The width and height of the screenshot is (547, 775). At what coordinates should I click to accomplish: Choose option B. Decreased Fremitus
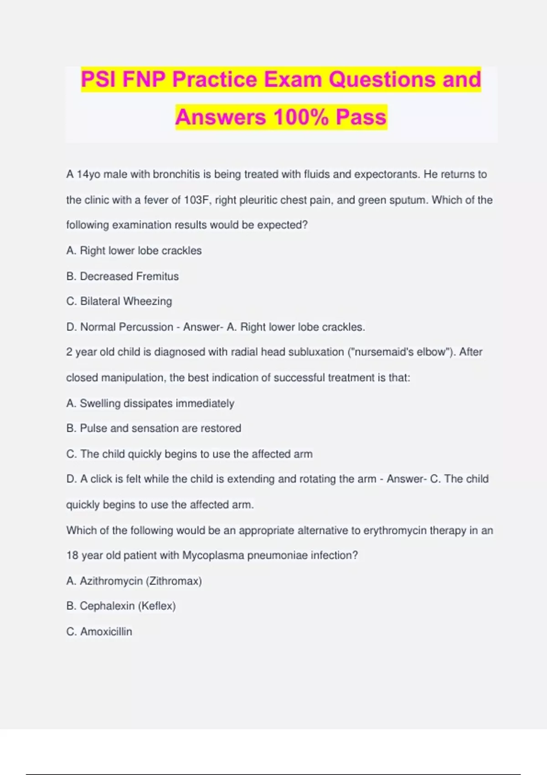coord(122,276)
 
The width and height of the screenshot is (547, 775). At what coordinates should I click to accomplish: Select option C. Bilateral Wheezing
coord(119,301)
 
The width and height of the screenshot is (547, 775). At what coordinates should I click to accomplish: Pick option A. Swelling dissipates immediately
coord(150,403)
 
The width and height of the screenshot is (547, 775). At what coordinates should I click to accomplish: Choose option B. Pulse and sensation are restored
coord(154,429)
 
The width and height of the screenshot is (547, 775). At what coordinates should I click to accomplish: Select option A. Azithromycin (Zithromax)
coord(134,581)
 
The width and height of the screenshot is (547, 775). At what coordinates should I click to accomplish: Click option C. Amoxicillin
coord(99,632)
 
